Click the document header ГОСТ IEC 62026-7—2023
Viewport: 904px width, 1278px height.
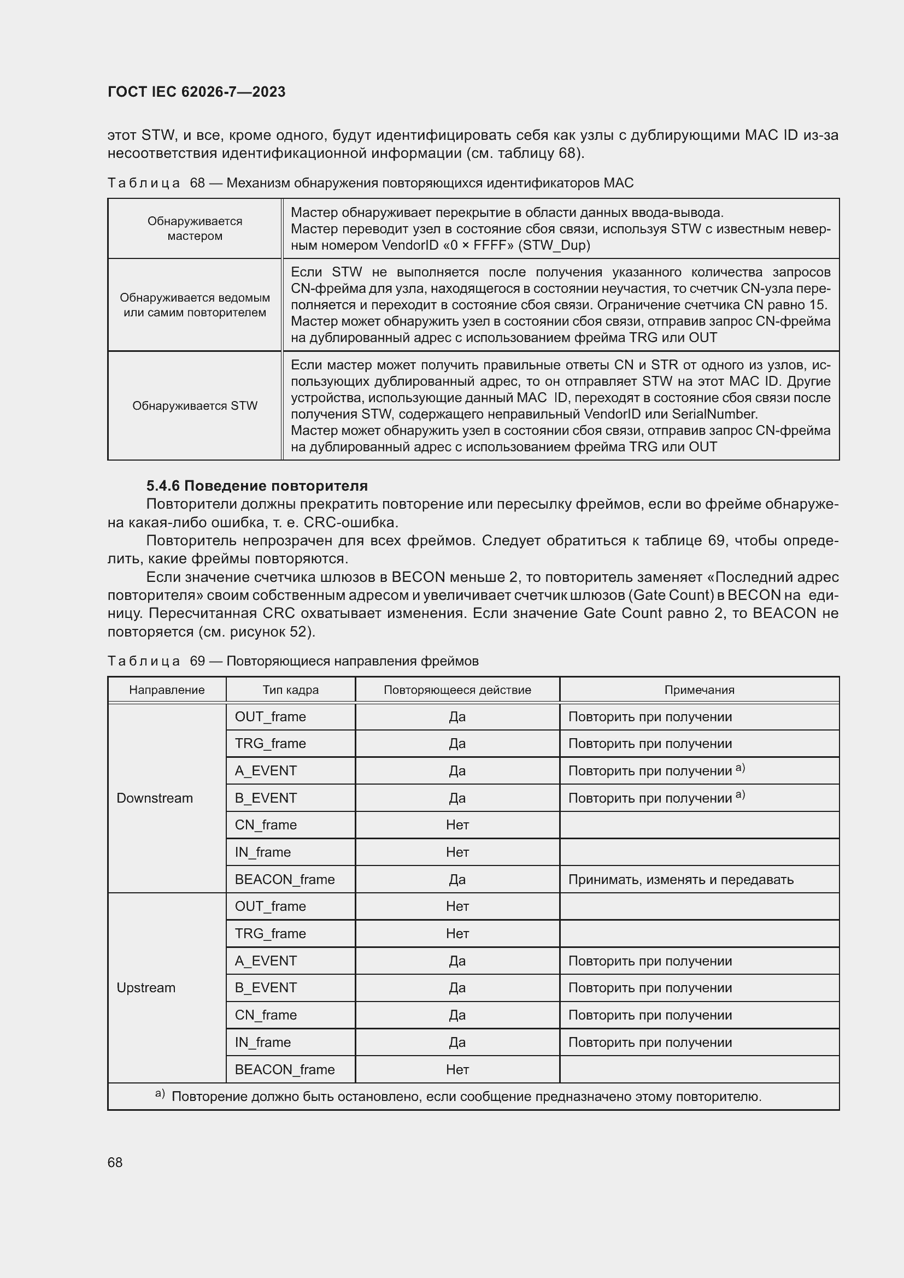(196, 92)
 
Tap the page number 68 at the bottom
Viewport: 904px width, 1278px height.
(115, 1162)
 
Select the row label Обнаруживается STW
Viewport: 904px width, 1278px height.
(195, 406)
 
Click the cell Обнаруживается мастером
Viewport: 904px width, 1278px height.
(195, 228)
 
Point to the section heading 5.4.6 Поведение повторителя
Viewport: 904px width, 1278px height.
(257, 486)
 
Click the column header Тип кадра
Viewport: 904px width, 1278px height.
(291, 690)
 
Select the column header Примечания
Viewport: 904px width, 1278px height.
(699, 690)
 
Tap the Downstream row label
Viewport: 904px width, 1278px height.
(155, 798)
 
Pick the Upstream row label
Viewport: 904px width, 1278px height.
(146, 987)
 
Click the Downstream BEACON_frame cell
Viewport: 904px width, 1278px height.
(284, 880)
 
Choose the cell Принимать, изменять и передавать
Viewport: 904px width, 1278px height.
(681, 880)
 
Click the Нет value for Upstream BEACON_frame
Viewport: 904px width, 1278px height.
(457, 1069)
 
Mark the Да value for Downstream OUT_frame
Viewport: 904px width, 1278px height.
(457, 716)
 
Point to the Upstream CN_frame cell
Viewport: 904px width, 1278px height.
(266, 1015)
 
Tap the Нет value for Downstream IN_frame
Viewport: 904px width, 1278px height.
(457, 852)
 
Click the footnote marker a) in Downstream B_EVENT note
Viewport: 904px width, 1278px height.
(740, 795)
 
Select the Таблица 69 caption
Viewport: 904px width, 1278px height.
(293, 661)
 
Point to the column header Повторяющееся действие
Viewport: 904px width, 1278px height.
(457, 690)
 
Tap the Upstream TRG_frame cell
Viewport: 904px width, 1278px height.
(270, 933)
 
